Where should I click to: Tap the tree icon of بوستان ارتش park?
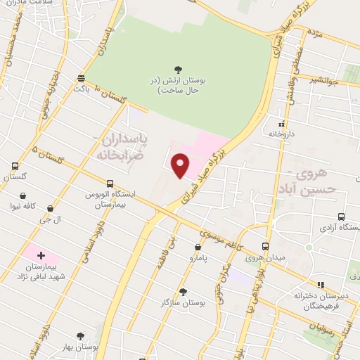tap(178, 69)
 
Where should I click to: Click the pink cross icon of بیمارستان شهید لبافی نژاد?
tap(40, 255)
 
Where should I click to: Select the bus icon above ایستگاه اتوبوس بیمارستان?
tap(110, 184)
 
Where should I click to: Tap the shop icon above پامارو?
tap(198, 247)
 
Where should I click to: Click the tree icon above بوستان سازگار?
tap(183, 292)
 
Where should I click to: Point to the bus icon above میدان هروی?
tap(265, 246)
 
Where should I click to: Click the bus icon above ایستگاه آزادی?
tap(341, 217)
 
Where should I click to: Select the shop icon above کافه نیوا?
tap(23, 196)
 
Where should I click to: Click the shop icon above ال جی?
tap(51, 208)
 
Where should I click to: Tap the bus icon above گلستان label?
tap(15, 167)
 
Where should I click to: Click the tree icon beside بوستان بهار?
tap(80, 337)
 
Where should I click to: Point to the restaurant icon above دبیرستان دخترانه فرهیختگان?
tap(321, 285)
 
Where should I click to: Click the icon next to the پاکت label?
tap(82, 78)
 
